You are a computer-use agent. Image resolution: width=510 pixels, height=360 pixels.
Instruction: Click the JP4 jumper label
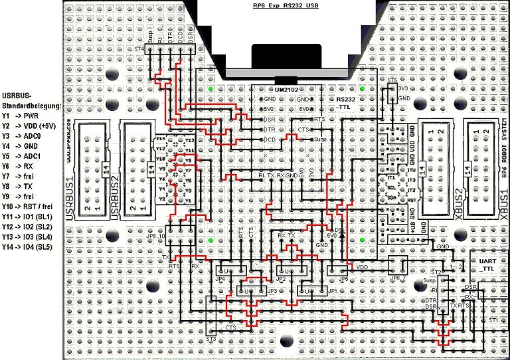tap(221, 280)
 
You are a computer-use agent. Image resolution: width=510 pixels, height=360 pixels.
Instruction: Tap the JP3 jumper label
tap(272, 291)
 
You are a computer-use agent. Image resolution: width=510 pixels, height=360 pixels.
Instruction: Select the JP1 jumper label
tap(329, 291)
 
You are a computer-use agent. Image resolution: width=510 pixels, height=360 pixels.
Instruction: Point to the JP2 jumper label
tap(281, 280)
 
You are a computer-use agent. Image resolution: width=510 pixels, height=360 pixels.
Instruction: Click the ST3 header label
tap(211, 339)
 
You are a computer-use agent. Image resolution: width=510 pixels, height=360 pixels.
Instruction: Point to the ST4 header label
tap(138, 50)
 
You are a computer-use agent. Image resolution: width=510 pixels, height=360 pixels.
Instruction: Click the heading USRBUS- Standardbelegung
tap(32, 100)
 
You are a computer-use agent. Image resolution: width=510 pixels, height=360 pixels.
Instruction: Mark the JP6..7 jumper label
tap(398, 279)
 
